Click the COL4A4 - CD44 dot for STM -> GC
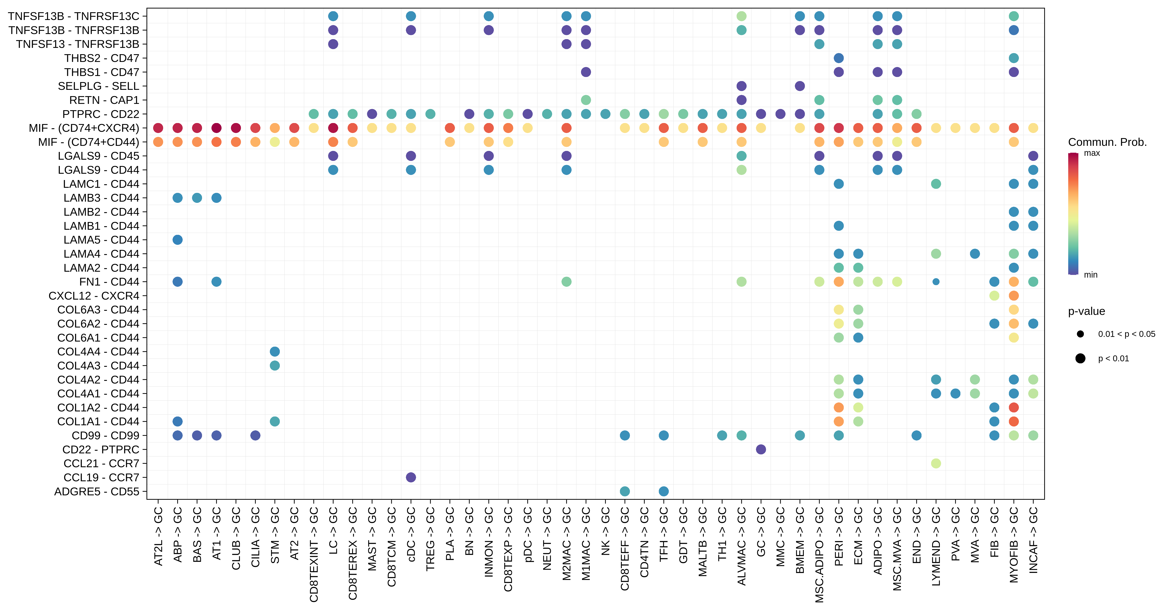[x=275, y=351]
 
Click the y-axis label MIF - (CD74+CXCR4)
[x=84, y=128]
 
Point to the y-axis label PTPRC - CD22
[x=101, y=114]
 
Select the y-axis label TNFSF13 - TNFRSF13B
[x=78, y=44]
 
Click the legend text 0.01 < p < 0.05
[x=1126, y=334]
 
